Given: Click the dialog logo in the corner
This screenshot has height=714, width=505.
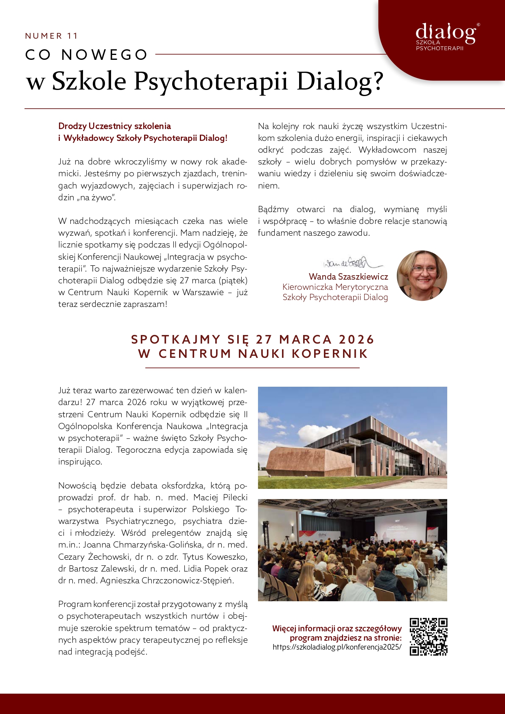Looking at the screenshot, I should pos(446,36).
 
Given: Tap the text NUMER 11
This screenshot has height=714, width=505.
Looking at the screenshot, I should pos(51,36).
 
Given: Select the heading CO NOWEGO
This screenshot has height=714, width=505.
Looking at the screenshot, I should pos(86,55).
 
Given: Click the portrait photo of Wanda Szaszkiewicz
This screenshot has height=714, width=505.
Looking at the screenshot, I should pos(422,276).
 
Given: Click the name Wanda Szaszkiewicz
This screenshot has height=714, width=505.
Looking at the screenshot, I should pos(348,277).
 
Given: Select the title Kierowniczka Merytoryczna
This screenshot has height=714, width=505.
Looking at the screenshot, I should pos(335,287).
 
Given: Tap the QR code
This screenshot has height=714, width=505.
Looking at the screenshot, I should pos(428,637).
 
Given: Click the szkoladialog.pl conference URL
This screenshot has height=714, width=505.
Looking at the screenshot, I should pos(337,647).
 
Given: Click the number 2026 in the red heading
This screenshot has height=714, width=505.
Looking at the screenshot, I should pos(356,339).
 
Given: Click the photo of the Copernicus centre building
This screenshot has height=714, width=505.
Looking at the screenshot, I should pos(352,438).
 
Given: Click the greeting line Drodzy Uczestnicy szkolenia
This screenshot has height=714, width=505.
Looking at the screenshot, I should pos(114,126).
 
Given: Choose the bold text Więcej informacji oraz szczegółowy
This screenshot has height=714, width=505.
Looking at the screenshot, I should pos(337,629).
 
